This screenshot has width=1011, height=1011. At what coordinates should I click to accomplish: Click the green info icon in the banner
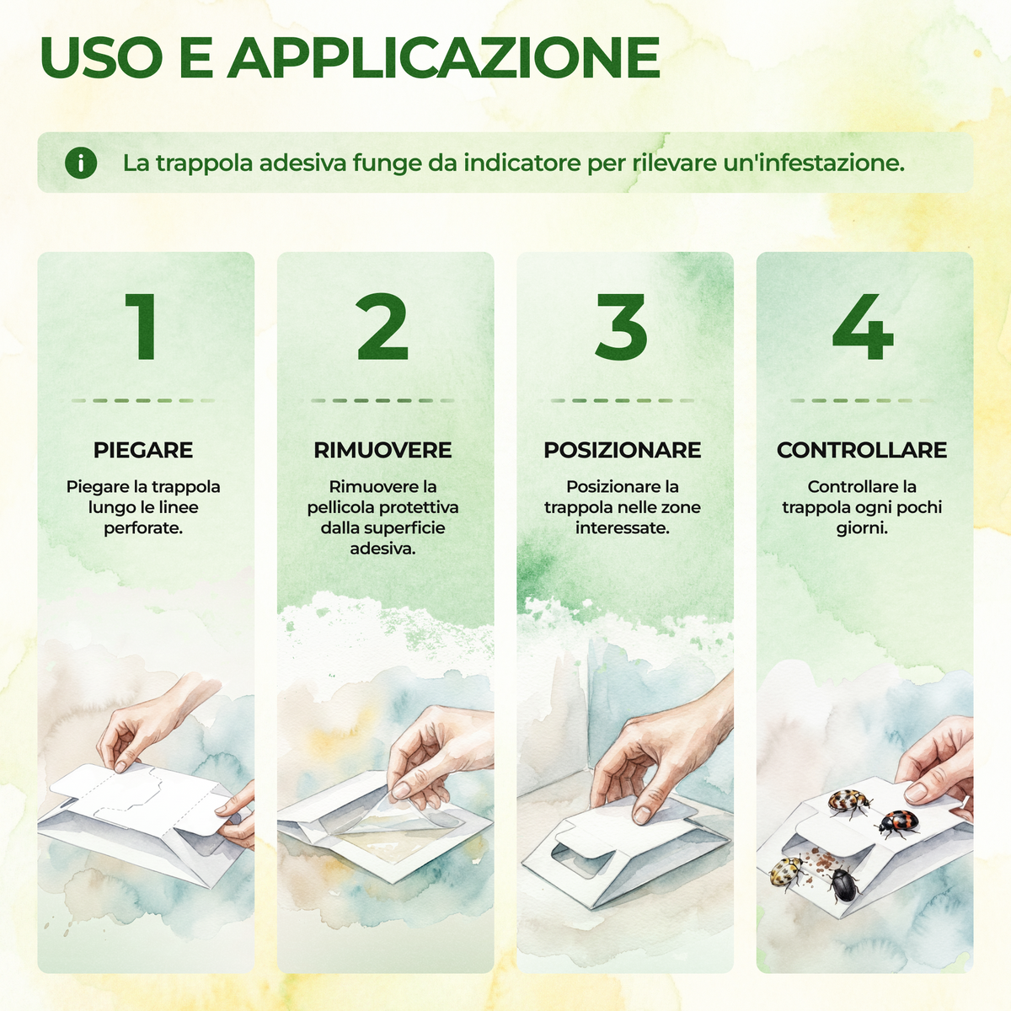(81, 163)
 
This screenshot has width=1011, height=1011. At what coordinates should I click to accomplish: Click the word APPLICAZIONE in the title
(443, 58)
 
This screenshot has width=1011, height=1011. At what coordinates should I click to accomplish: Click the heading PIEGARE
(143, 450)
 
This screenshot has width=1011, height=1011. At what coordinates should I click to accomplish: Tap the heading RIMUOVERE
(382, 450)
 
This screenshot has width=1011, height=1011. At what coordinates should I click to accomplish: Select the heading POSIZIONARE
(623, 450)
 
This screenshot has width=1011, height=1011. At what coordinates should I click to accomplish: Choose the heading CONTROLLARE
(862, 450)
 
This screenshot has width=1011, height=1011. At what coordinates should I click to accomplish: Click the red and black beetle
(897, 824)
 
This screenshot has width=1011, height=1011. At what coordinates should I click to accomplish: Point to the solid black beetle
(843, 884)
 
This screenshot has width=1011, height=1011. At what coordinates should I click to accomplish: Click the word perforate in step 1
(142, 528)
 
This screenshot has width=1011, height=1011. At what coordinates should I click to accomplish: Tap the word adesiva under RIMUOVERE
(382, 548)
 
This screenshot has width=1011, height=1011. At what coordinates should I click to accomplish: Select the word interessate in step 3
(623, 527)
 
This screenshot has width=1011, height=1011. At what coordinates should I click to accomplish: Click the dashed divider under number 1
(143, 400)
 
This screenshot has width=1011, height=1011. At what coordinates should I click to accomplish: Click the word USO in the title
(101, 58)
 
